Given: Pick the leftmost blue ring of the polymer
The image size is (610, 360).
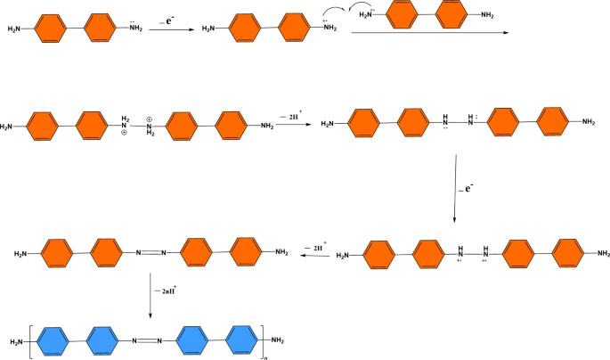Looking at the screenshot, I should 54,340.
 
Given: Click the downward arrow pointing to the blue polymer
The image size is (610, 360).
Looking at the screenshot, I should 150,294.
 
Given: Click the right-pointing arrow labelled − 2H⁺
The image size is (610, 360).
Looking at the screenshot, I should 291,126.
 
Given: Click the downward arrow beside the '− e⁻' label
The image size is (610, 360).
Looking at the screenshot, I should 455,187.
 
